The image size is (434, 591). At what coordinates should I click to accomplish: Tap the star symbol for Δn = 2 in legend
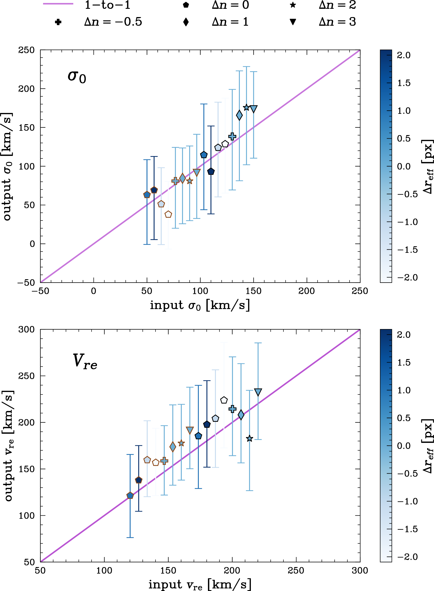(293, 5)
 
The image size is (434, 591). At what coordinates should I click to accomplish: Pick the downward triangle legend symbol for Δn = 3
(293, 22)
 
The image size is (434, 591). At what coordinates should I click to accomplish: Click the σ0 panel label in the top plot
(77, 77)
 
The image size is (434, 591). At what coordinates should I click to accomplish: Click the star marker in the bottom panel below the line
(250, 439)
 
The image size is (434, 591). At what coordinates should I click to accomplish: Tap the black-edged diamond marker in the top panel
(239, 115)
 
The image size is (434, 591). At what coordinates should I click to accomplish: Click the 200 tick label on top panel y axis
(26, 89)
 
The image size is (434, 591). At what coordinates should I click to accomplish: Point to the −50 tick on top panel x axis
(40, 291)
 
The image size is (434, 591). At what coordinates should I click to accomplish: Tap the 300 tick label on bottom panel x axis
(360, 570)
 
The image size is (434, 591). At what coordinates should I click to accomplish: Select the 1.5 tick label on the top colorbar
(404, 83)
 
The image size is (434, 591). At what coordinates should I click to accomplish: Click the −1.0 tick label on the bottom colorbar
(407, 501)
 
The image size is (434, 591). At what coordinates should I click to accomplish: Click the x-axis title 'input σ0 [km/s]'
(200, 305)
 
